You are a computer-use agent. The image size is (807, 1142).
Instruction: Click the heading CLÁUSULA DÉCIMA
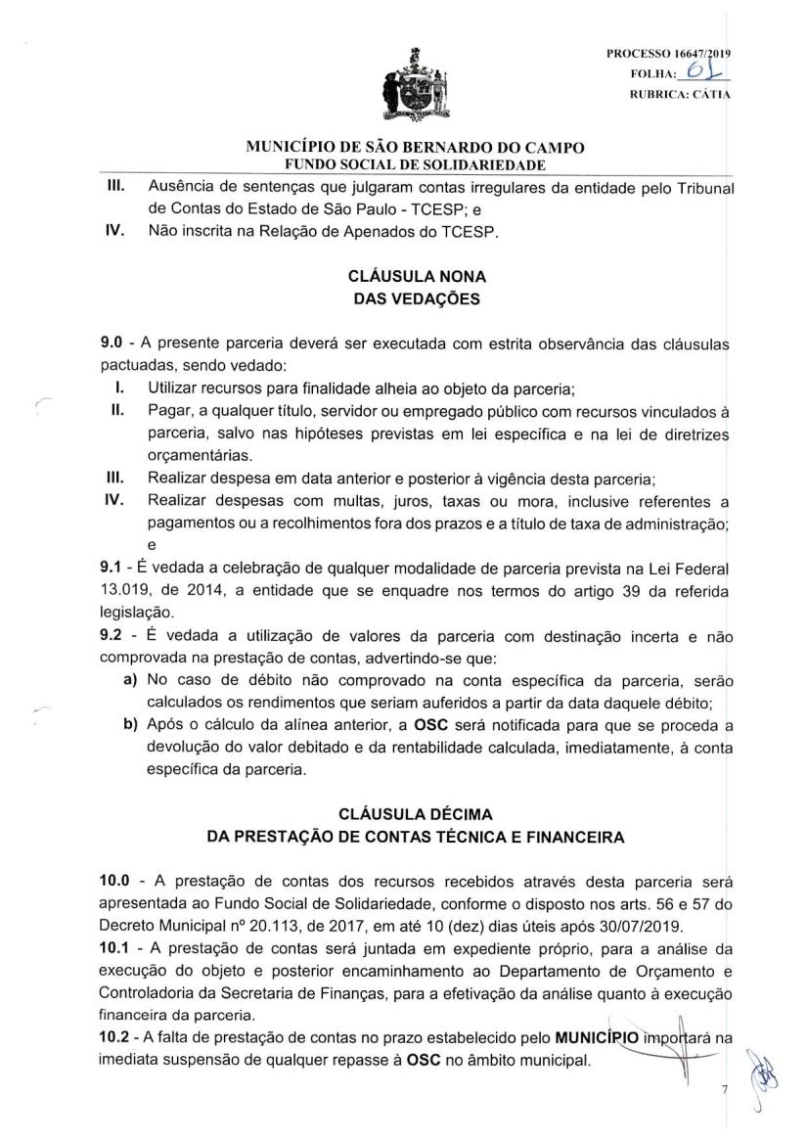[417, 813]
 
